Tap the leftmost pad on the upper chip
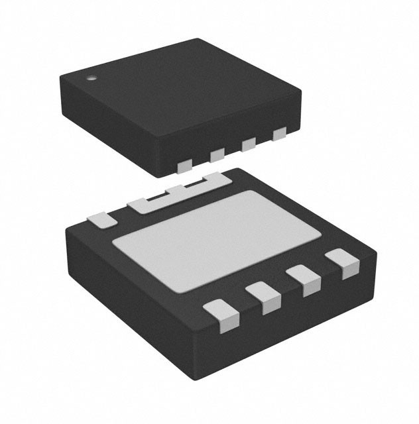tap(184, 163)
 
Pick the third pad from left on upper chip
tap(249, 145)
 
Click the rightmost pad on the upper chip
tap(279, 134)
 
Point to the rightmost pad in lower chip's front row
tap(345, 264)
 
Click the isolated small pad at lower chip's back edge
tap(101, 219)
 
